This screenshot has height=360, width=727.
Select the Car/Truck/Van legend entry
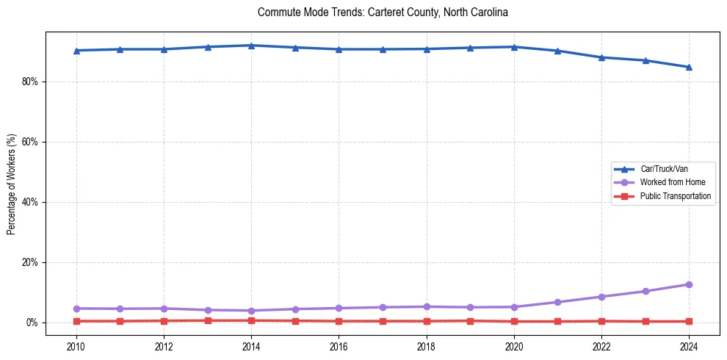(x=664, y=169)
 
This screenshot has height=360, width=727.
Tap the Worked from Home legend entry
(x=672, y=182)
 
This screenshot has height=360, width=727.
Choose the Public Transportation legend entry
(x=675, y=196)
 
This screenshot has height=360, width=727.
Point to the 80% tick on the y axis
(x=29, y=82)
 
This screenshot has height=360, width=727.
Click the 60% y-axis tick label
(x=29, y=142)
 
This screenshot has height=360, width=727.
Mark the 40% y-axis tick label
(x=29, y=202)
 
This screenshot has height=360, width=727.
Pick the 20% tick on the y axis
(x=29, y=262)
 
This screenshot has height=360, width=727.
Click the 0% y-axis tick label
(x=32, y=323)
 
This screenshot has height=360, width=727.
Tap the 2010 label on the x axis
(x=76, y=345)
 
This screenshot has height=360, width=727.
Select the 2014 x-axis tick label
(x=251, y=345)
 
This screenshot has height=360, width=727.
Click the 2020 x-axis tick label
(x=514, y=345)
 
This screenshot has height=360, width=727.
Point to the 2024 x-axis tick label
(x=689, y=345)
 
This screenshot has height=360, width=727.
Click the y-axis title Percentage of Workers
(x=12, y=184)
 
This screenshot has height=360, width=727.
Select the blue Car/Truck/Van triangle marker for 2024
(x=689, y=67)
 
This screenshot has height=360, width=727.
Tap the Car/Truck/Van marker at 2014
(x=251, y=46)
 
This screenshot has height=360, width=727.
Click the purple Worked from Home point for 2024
(x=689, y=284)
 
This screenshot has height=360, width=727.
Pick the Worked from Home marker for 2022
(x=601, y=297)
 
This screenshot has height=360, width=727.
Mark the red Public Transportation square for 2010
(x=76, y=321)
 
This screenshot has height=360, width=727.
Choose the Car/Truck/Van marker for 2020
(x=514, y=47)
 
